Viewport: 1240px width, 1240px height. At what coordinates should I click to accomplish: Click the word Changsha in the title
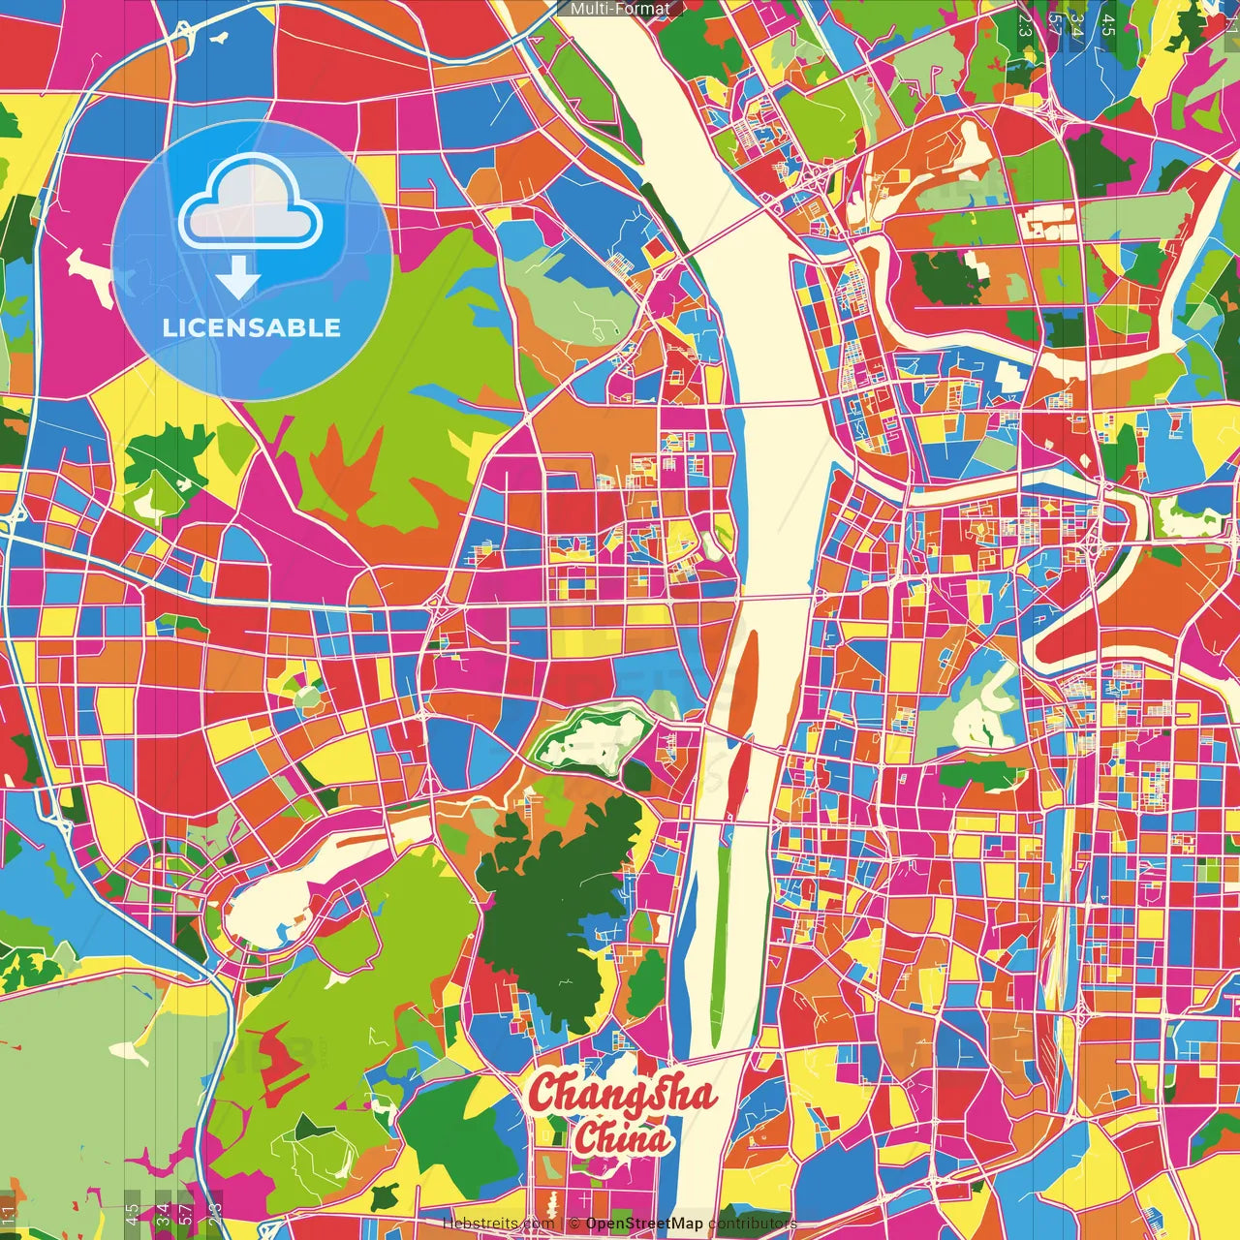622,1094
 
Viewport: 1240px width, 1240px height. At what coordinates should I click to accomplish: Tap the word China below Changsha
622,1137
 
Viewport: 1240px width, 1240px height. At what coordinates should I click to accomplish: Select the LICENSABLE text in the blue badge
252,327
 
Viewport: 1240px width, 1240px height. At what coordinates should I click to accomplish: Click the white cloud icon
250,201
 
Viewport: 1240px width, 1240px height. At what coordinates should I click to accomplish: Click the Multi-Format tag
620,9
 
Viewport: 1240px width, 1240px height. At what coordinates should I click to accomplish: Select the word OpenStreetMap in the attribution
643,1224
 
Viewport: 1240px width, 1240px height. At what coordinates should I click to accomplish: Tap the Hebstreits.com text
498,1224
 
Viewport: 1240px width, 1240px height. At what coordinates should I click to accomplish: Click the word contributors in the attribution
752,1224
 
